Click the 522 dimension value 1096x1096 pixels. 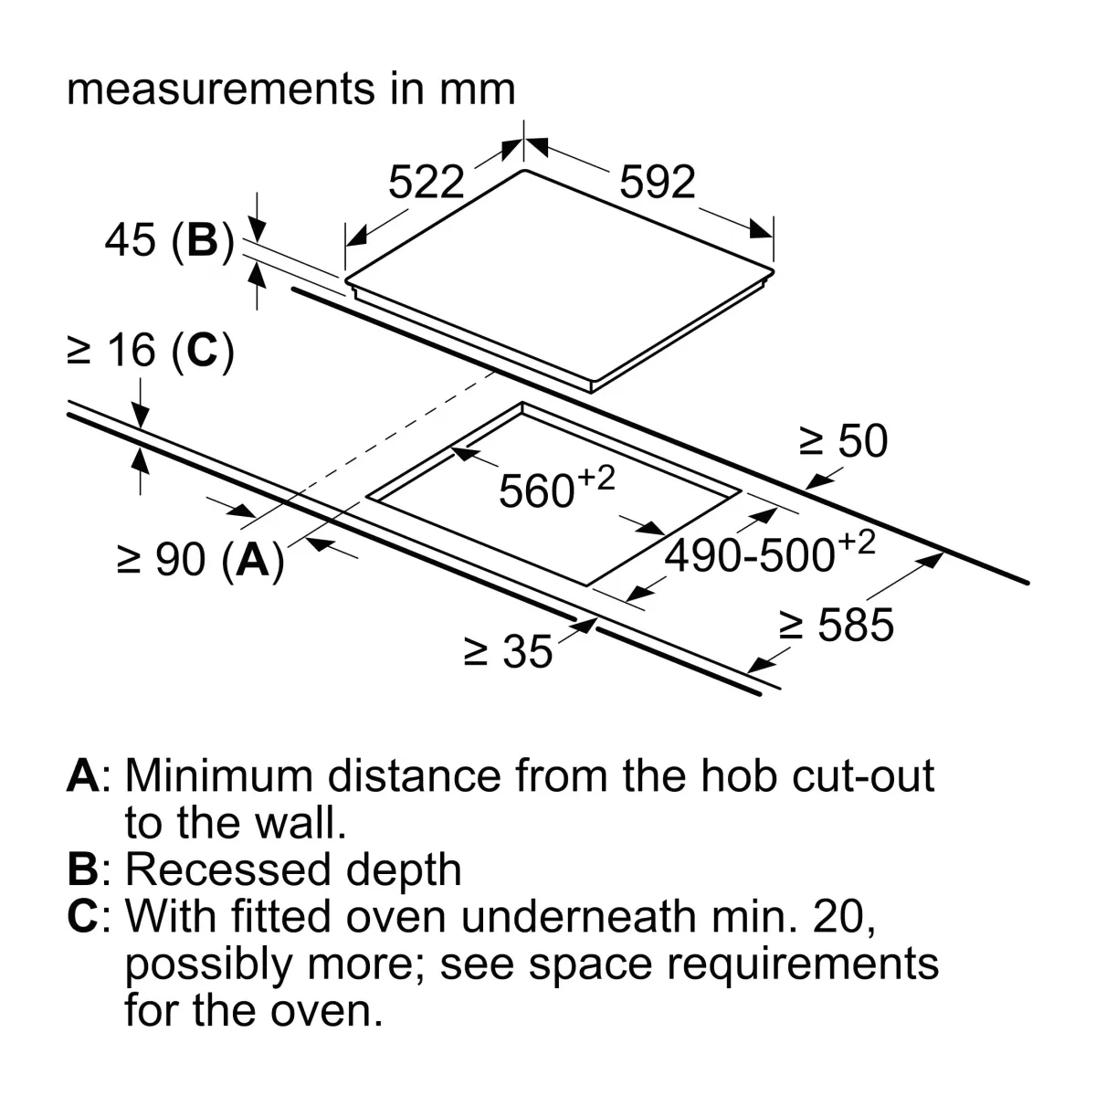(426, 182)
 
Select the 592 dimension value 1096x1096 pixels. (657, 182)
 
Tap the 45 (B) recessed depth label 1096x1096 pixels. (170, 240)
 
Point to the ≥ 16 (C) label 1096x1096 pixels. (151, 351)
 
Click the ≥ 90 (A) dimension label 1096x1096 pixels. (200, 560)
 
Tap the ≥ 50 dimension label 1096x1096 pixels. (844, 441)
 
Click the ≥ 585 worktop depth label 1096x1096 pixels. (836, 625)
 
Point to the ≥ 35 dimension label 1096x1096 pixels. (508, 651)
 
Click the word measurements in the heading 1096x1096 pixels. (221, 90)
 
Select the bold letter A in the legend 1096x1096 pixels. (84, 775)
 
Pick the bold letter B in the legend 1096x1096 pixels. (83, 869)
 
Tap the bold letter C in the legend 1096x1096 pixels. (83, 916)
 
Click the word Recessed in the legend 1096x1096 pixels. (228, 869)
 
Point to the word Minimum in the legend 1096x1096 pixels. (219, 775)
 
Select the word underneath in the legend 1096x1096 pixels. (578, 916)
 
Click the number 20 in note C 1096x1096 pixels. (839, 917)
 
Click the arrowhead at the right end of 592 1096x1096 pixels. (761, 228)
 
